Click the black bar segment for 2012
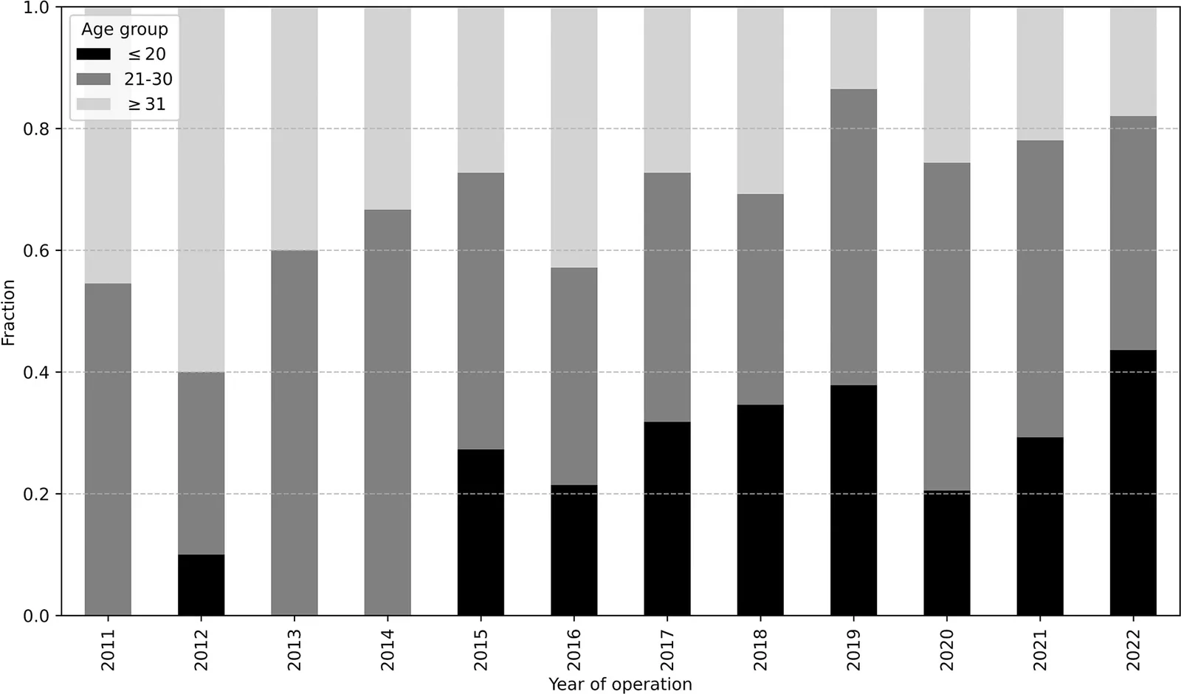[201, 585]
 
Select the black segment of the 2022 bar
[1133, 483]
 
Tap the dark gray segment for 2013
[295, 433]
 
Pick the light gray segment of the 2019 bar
[853, 49]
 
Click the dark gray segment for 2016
[574, 377]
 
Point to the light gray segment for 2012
[201, 190]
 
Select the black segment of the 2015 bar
[481, 532]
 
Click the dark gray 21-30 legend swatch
[93, 79]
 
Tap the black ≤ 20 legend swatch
[93, 54]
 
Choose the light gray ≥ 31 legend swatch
[93, 104]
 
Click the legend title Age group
[125, 30]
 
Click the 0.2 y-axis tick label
[36, 494]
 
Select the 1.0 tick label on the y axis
[36, 8]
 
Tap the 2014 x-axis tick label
[388, 649]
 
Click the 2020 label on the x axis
[947, 649]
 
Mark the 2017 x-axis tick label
[667, 649]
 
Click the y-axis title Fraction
[8, 312]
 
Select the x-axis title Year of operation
[620, 684]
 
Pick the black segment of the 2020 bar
[947, 553]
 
